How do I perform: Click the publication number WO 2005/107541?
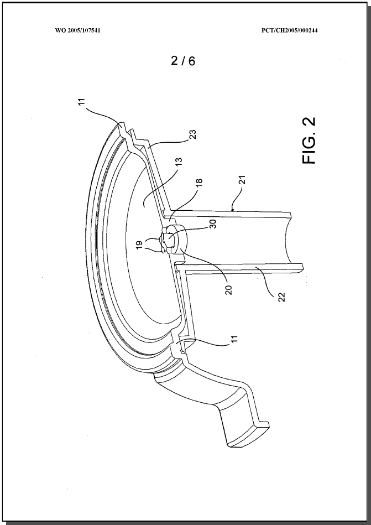click(77, 30)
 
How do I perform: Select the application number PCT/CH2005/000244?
click(289, 30)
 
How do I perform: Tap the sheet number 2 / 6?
click(182, 61)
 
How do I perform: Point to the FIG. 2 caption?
click(309, 141)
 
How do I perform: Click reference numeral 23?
click(193, 134)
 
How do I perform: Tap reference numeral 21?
click(244, 180)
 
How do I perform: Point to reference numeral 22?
click(281, 297)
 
